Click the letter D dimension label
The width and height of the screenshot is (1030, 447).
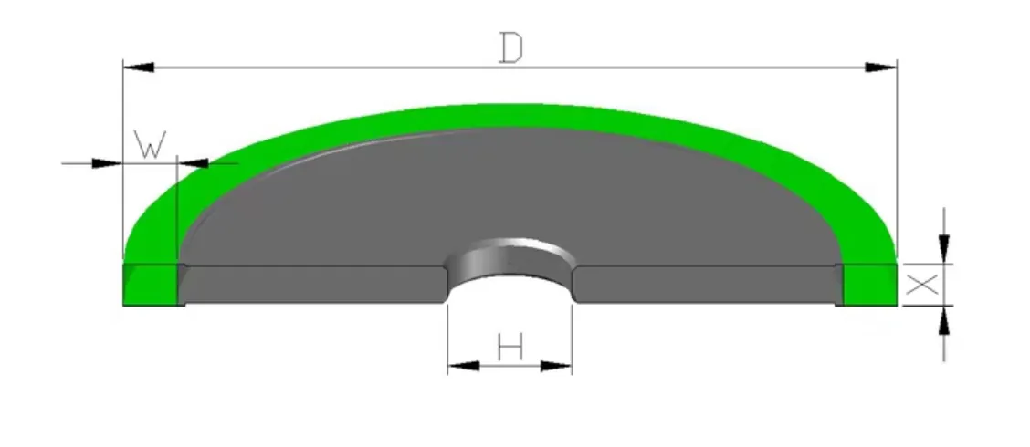coord(510,47)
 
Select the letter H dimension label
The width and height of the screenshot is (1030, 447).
coord(510,347)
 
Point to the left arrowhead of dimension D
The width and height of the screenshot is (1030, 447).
coord(138,68)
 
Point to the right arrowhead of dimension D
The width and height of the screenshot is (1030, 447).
coord(881,68)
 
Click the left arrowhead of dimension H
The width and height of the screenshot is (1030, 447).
coord(463,366)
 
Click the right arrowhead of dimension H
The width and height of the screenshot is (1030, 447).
coord(556,366)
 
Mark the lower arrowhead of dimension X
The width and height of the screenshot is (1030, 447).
coord(944,321)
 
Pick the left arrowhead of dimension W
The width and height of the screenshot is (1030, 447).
coord(107,163)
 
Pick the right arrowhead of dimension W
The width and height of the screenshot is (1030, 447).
coord(193,163)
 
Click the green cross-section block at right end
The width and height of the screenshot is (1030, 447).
coord(867,285)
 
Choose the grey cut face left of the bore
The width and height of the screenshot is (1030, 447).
coord(310,285)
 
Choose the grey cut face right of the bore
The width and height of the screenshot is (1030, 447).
coord(708,285)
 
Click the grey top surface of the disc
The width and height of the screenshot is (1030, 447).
coord(511,192)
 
